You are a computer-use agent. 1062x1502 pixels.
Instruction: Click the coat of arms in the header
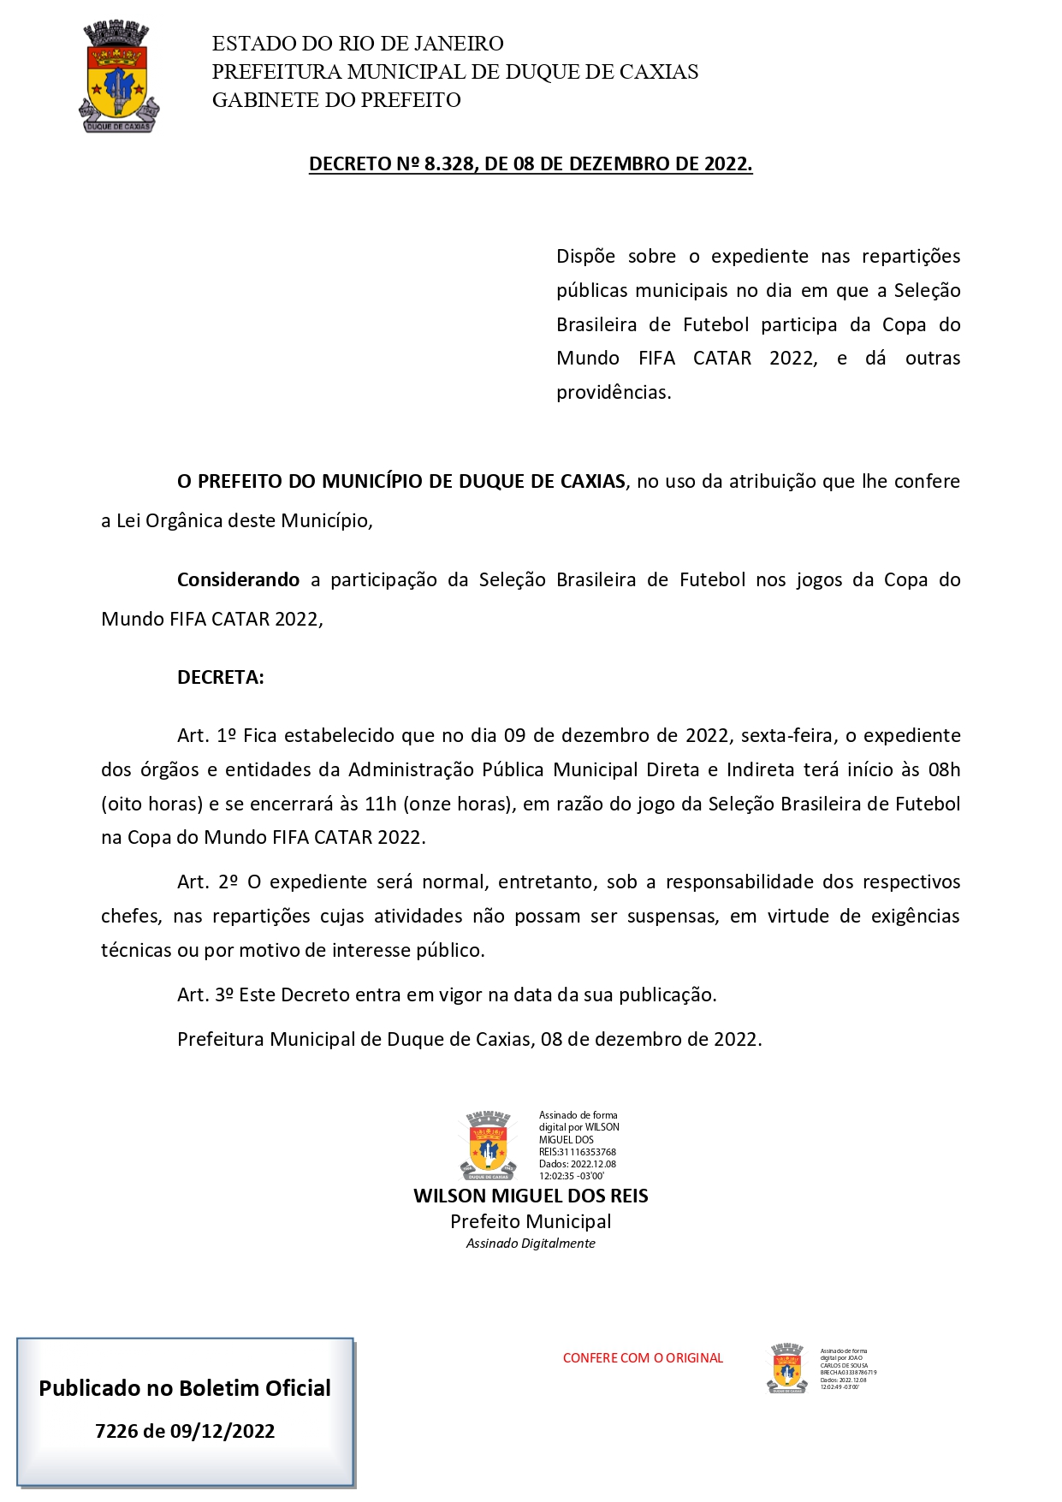tap(119, 77)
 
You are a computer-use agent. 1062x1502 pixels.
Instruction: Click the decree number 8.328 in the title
tap(450, 163)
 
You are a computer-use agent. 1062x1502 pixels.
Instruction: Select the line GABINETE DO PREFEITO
tap(336, 100)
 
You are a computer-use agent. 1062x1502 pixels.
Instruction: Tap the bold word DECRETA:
tap(220, 677)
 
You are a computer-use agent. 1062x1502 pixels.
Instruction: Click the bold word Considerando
tap(238, 579)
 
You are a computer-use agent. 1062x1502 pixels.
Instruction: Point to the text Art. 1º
tap(206, 735)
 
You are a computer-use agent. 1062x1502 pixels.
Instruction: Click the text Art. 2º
tap(207, 882)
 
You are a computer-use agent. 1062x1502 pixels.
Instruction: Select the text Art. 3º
tap(205, 994)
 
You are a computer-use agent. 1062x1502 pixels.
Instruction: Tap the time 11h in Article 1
tap(381, 804)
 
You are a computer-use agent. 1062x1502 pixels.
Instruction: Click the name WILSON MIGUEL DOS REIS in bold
tap(531, 1196)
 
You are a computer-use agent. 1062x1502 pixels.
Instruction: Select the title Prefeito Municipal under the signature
tap(531, 1221)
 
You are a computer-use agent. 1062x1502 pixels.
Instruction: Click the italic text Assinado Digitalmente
tap(531, 1244)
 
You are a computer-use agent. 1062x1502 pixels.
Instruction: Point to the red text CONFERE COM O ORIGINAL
tap(643, 1357)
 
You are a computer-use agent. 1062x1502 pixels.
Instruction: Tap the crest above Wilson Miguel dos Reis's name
tap(488, 1145)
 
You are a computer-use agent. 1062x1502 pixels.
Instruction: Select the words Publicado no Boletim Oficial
tap(185, 1388)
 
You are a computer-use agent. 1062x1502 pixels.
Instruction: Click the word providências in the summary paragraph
tap(613, 393)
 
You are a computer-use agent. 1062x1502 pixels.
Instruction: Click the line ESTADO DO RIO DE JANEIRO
tap(358, 44)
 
